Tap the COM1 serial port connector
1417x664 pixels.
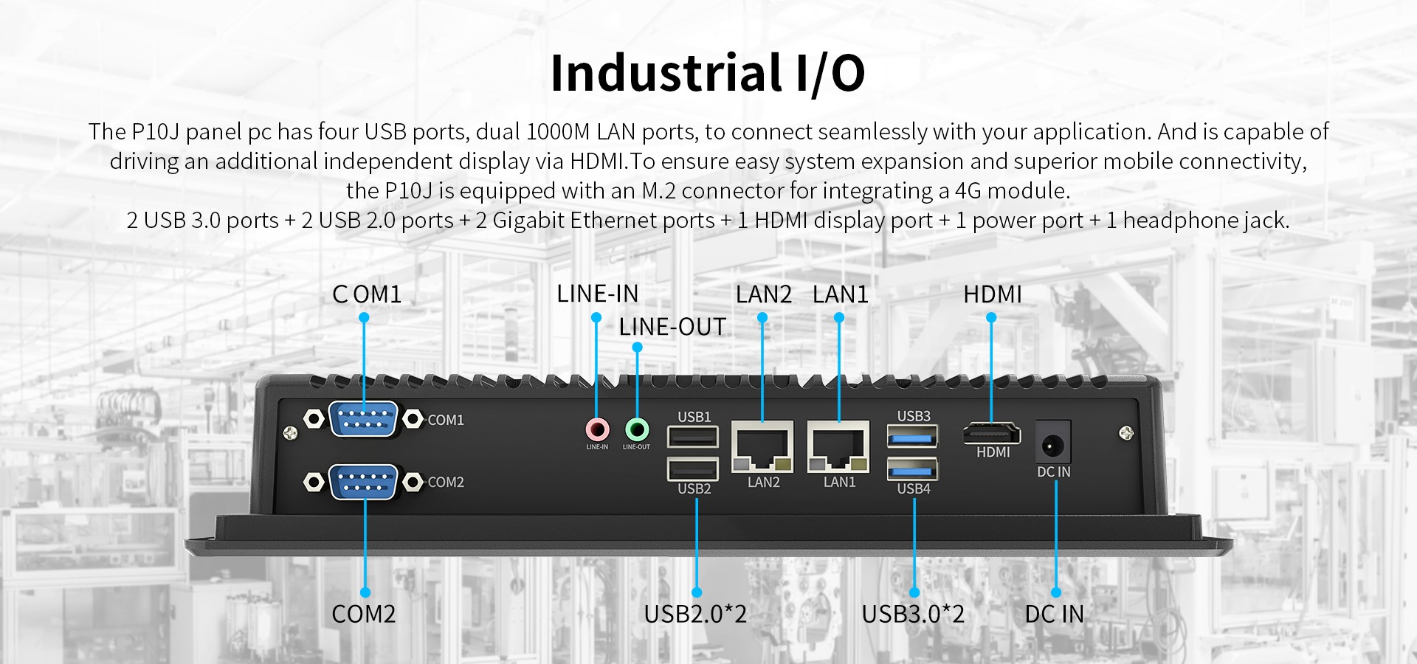[x=363, y=420]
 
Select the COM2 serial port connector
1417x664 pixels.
[x=363, y=482]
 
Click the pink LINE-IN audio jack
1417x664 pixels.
[x=597, y=429]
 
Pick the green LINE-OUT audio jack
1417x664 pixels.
[x=636, y=429]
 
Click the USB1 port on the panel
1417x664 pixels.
[x=692, y=437]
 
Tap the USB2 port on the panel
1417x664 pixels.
[x=692, y=469]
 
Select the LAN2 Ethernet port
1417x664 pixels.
[x=762, y=446]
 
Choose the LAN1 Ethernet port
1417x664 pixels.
[x=838, y=446]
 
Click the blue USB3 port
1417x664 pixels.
[x=913, y=436]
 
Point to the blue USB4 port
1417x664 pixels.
[x=913, y=468]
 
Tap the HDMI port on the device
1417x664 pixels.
[x=992, y=434]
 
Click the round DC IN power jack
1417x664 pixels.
[x=1052, y=445]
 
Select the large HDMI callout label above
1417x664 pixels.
[x=992, y=294]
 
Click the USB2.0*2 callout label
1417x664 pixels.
[x=695, y=614]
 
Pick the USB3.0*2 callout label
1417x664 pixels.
[x=913, y=614]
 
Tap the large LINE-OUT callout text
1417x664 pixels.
[x=672, y=327]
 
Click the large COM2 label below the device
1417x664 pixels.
[x=363, y=614]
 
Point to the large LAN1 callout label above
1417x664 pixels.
[x=840, y=294]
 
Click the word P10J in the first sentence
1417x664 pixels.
[x=156, y=132]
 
